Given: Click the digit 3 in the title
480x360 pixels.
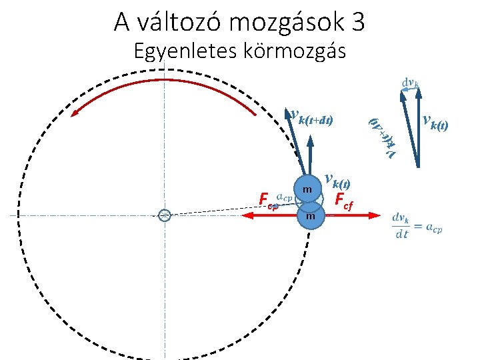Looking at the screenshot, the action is [x=357, y=23].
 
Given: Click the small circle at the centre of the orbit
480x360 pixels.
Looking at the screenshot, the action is [x=165, y=215].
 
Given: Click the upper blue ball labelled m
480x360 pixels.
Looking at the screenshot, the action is [x=307, y=191].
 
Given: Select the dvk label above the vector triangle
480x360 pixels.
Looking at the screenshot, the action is [x=410, y=84].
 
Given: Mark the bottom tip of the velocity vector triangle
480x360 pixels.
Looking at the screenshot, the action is [x=417, y=165].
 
